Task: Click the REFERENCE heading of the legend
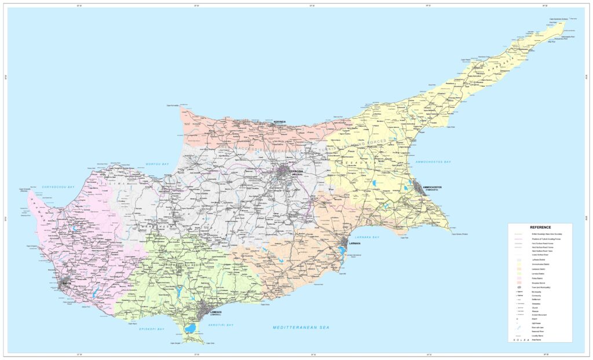tap(540, 227)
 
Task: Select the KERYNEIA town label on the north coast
tap(280, 122)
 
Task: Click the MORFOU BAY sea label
tap(157, 164)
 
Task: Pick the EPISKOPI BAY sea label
tap(152, 329)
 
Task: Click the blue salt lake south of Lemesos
tap(190, 329)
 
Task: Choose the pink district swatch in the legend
tap(519, 277)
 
